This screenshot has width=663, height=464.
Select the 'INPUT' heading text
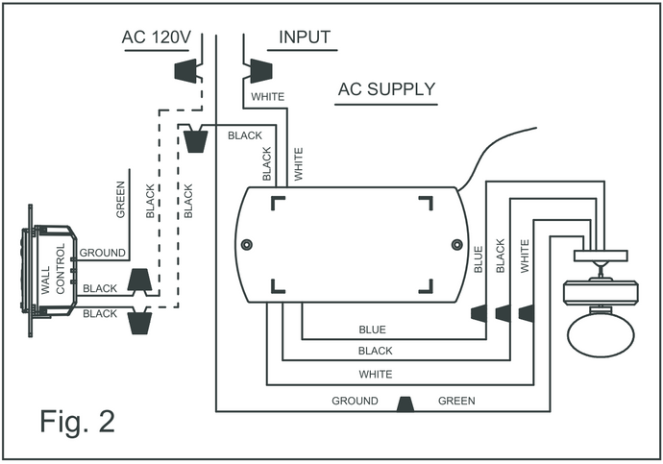pyautogui.click(x=305, y=38)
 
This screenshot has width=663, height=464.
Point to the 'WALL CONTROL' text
pyautogui.click(x=54, y=270)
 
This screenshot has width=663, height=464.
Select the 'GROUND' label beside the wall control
pyautogui.click(x=102, y=253)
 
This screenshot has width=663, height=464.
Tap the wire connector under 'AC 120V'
pyautogui.click(x=186, y=71)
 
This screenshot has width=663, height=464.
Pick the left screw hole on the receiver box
pyautogui.click(x=247, y=245)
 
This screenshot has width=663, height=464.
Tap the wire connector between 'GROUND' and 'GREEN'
pyautogui.click(x=405, y=403)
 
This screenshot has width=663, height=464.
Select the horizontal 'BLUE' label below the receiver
pyautogui.click(x=372, y=330)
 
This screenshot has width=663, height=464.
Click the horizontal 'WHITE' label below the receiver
pyautogui.click(x=374, y=373)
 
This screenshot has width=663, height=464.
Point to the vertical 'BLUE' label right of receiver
pyautogui.click(x=479, y=258)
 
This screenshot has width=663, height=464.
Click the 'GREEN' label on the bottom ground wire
pyautogui.click(x=456, y=401)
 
